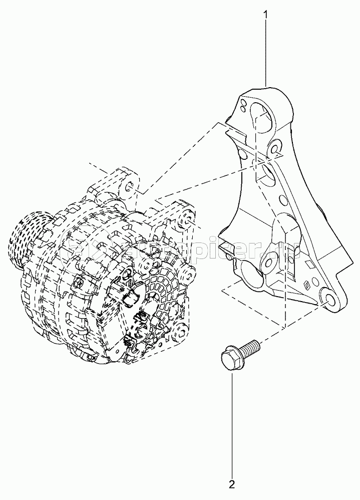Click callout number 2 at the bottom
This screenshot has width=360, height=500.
pyautogui.click(x=232, y=484)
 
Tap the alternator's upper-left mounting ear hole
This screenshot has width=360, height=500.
pyautogui.click(x=129, y=187)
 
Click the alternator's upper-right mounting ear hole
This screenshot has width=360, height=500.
pyautogui.click(x=188, y=218)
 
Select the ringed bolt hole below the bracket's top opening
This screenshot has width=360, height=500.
pyautogui.click(x=274, y=148)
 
